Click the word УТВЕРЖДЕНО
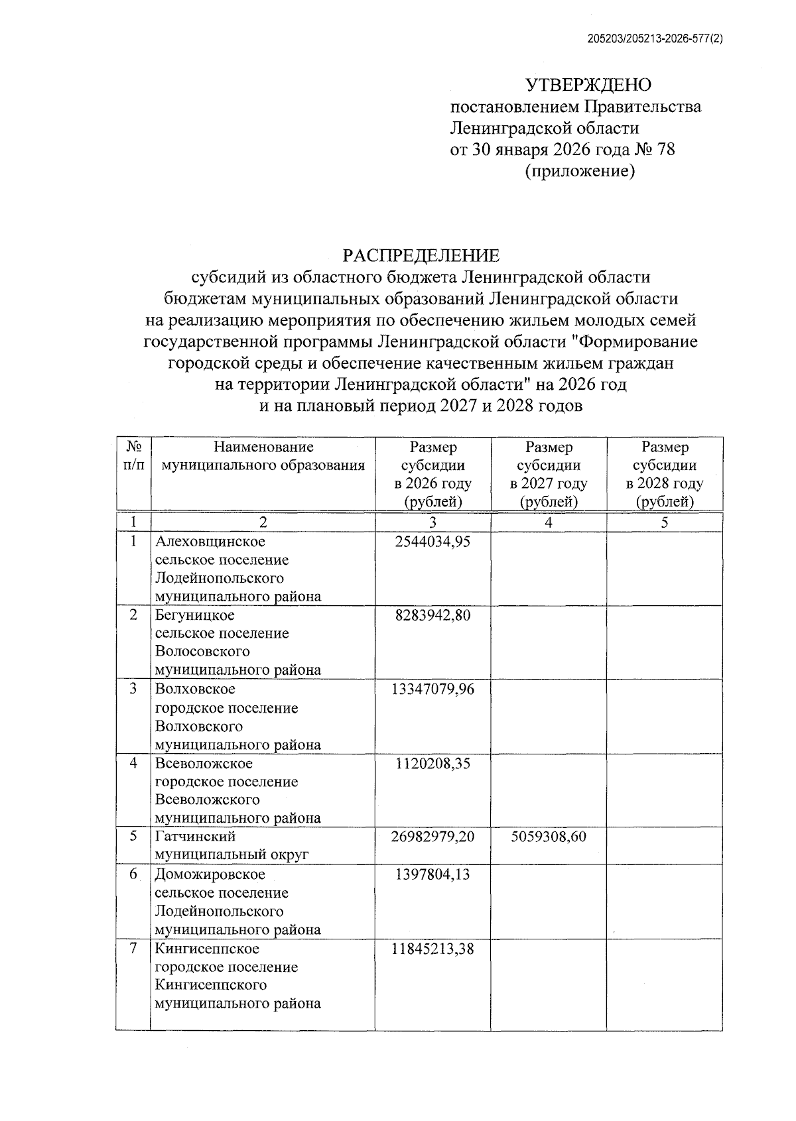pos(588,85)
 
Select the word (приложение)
pos(580,172)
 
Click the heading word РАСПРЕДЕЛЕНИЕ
pos(421,255)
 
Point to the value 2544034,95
pos(432,542)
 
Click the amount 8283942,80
pos(432,615)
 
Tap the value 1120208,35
pos(432,764)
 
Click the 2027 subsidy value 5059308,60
pos(549,837)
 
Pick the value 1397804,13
pos(432,874)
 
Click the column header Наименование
pos(263,447)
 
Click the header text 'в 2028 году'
pos(665,483)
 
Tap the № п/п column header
pos(133,456)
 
